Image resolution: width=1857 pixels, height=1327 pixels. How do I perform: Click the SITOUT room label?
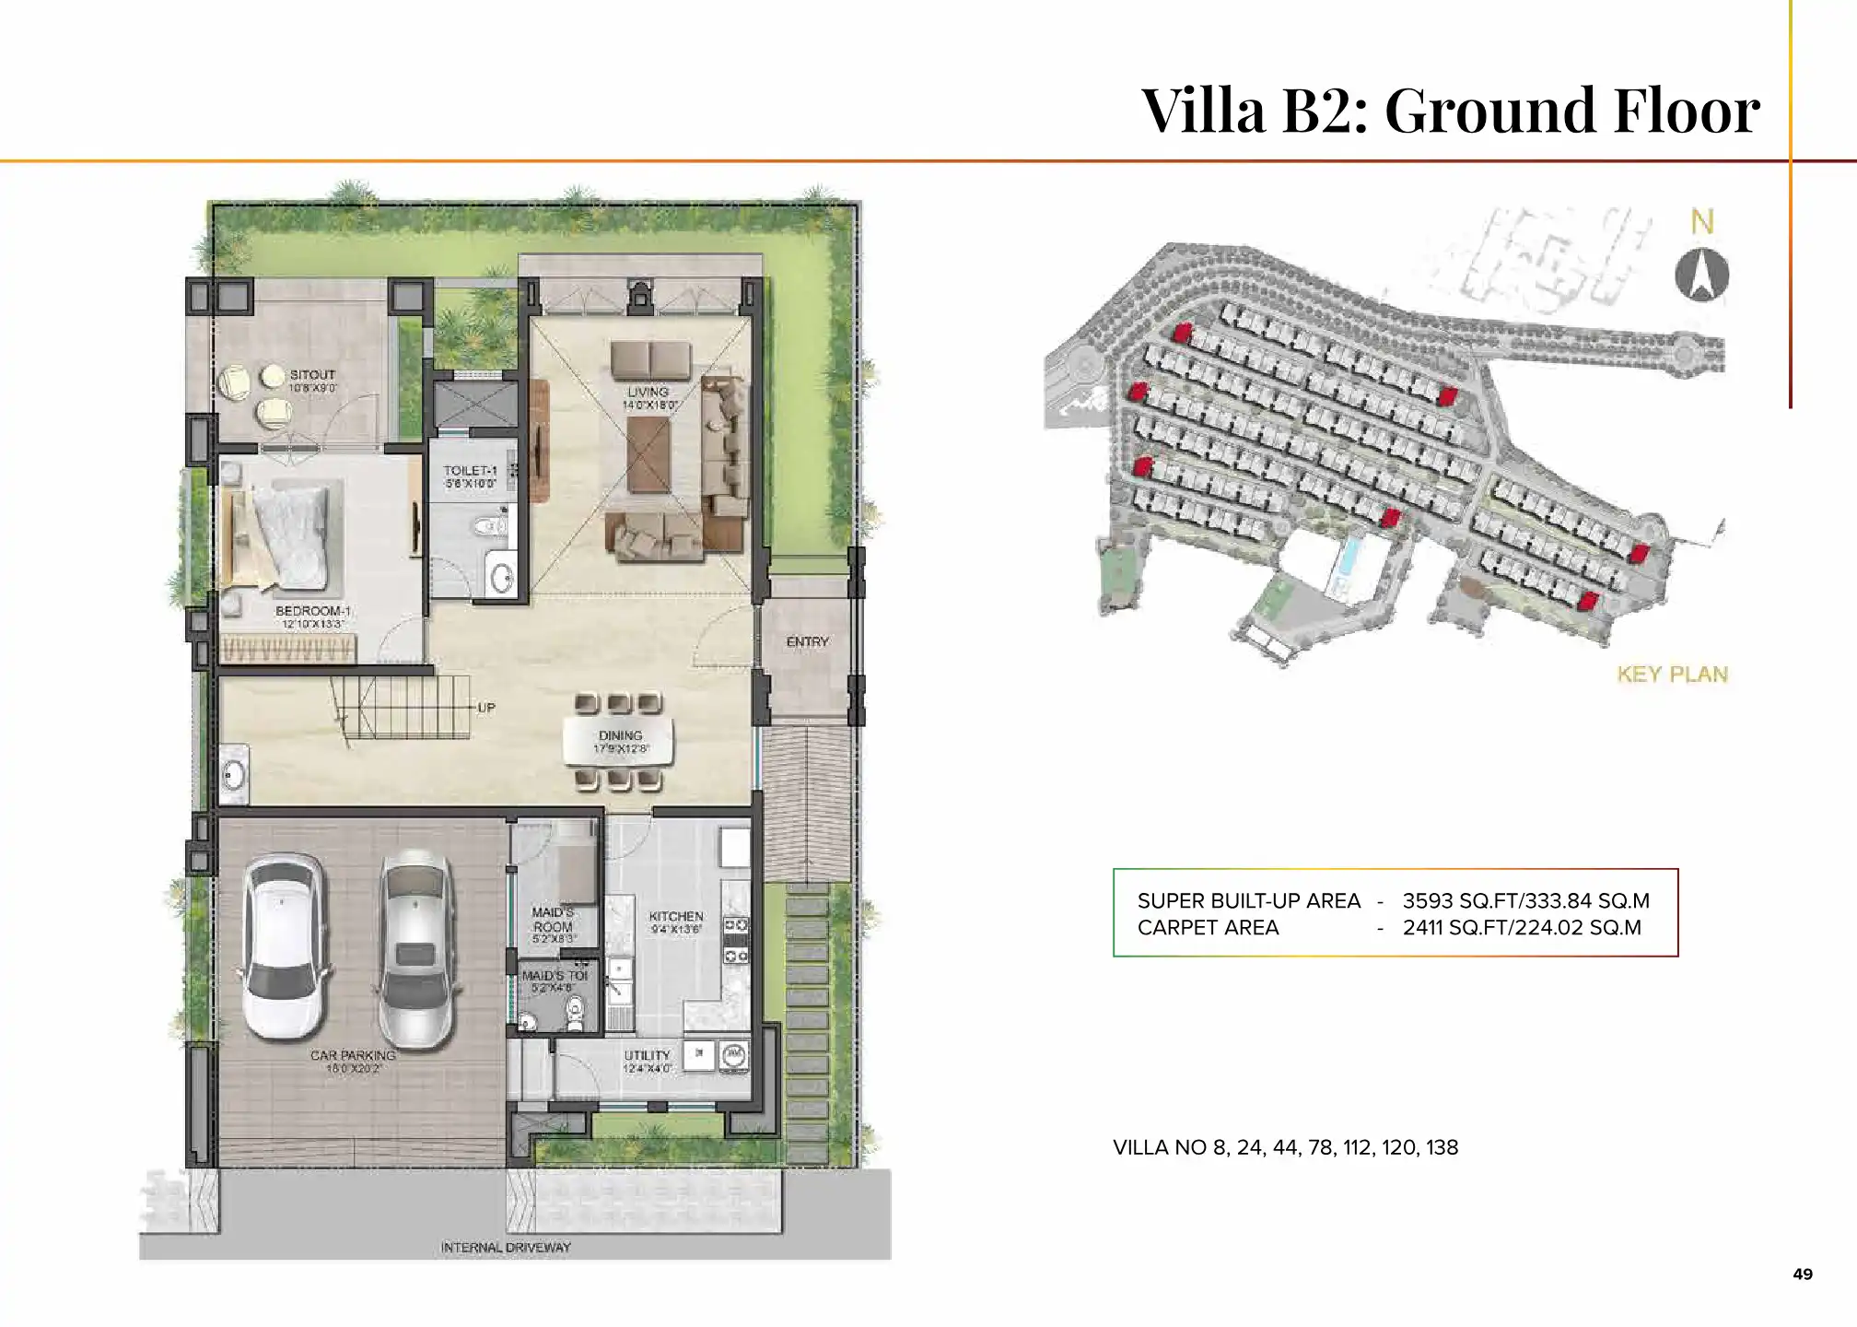click(312, 375)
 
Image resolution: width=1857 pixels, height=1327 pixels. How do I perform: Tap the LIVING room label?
click(648, 393)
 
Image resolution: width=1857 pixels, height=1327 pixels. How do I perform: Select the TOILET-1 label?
click(470, 471)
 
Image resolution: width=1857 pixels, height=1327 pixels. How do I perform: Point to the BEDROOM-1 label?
click(313, 612)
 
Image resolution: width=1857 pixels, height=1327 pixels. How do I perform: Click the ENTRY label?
click(807, 641)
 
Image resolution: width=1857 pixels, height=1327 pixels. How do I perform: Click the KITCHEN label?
click(675, 916)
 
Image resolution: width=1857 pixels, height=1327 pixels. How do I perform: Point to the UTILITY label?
click(647, 1055)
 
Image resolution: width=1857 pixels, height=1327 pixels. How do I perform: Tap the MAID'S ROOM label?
click(553, 920)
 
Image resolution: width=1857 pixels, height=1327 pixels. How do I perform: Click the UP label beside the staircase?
click(486, 708)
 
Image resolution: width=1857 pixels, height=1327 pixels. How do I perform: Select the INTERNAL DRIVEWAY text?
click(506, 1248)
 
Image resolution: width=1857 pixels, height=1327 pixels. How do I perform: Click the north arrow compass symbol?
click(1701, 276)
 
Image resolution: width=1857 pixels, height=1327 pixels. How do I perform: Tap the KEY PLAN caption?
click(1672, 675)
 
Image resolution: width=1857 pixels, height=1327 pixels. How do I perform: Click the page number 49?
click(1803, 1274)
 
